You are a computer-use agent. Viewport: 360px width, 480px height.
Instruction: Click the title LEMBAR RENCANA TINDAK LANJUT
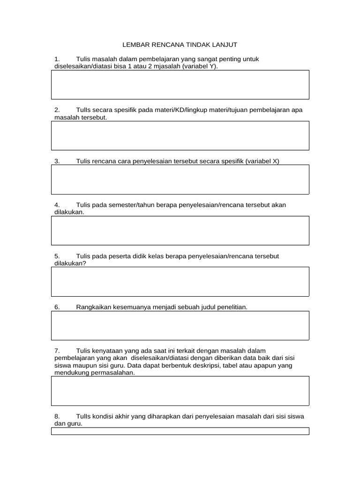[180, 45]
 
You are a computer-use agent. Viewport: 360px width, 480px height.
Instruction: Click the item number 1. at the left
[57, 59]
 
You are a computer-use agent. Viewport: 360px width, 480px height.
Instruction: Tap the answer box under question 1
[180, 85]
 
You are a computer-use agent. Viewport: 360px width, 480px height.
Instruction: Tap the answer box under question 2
[180, 135]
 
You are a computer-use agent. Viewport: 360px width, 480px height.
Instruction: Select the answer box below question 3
[180, 179]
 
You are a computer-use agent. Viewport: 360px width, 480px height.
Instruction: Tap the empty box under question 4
[180, 230]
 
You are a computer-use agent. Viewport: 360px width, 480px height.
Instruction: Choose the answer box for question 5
[180, 281]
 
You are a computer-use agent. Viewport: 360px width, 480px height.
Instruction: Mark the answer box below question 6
[180, 325]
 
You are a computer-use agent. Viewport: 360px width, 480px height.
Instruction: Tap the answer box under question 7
[180, 391]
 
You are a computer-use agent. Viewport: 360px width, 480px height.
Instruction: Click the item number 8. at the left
[57, 416]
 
